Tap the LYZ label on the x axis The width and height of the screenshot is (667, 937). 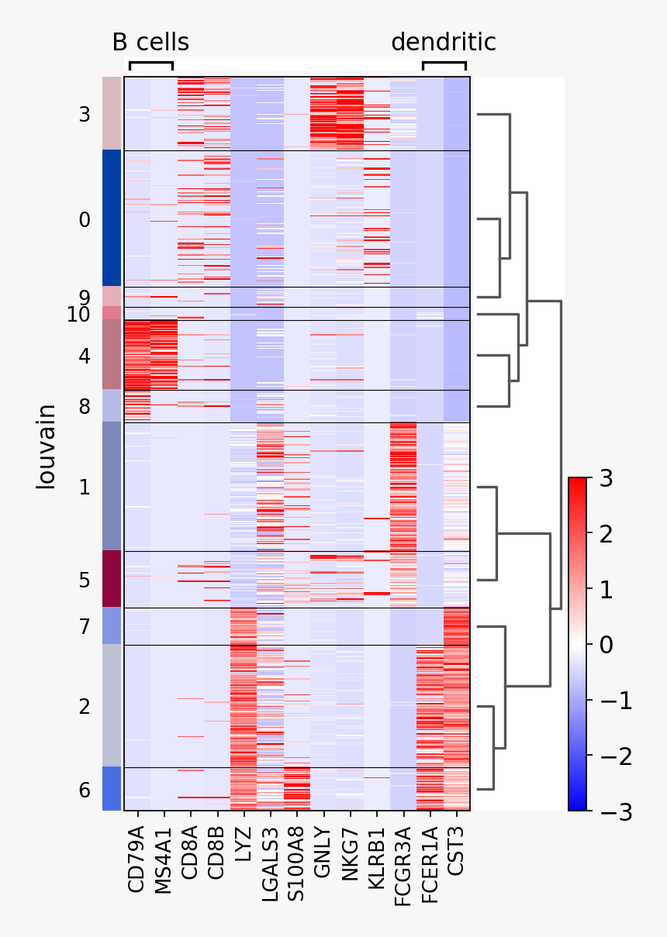(x=244, y=844)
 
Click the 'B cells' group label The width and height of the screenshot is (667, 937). (x=150, y=42)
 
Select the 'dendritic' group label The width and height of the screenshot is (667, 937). (x=443, y=42)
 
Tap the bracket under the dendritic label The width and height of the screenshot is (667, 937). (x=444, y=64)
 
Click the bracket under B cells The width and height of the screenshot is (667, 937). (x=150, y=64)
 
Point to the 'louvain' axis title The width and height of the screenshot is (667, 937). (x=47, y=446)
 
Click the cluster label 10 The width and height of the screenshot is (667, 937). (x=78, y=315)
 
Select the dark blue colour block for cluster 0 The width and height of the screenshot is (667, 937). (x=111, y=219)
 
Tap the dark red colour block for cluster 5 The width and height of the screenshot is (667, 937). (x=111, y=579)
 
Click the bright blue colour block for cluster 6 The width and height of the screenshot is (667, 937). (x=111, y=789)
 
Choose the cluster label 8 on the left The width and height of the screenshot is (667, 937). (x=85, y=406)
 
